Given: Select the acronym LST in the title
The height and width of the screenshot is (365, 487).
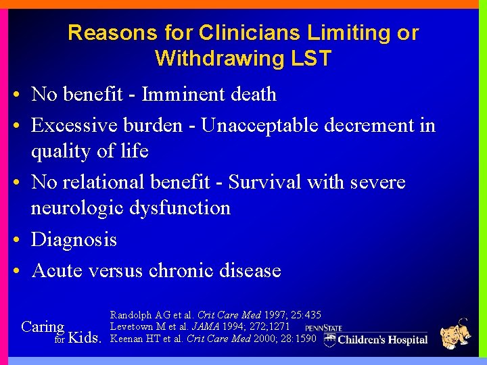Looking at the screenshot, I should (310, 59).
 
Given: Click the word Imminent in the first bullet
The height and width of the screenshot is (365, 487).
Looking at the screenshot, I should (179, 94).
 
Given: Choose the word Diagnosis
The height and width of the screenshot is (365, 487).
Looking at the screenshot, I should (74, 239).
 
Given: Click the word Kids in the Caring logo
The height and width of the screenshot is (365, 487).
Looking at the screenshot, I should (85, 338).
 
